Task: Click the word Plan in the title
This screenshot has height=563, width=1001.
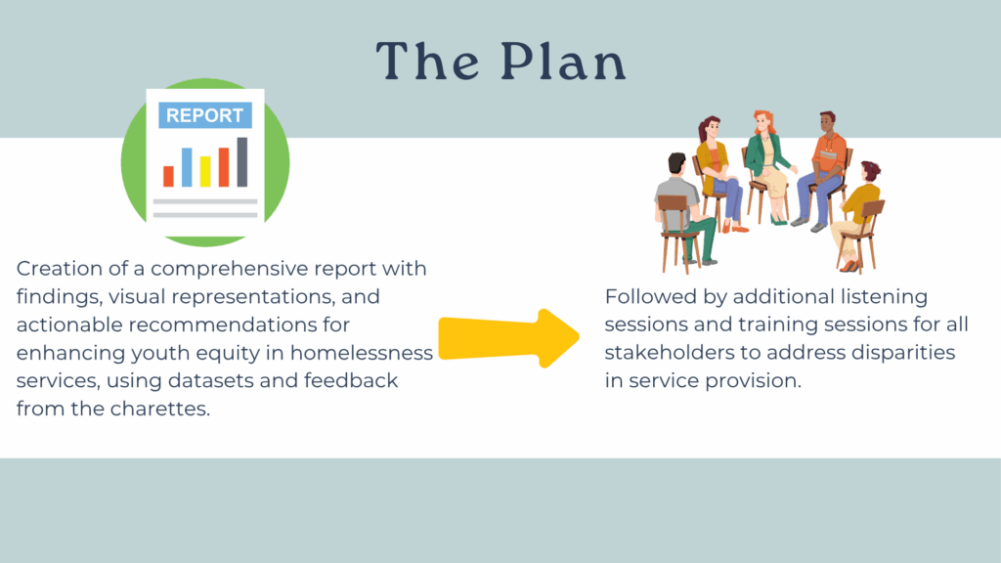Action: [563, 62]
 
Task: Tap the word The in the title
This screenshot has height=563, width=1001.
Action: [427, 62]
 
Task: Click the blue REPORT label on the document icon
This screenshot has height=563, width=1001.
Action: [205, 115]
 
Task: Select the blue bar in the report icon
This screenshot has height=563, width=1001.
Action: [187, 167]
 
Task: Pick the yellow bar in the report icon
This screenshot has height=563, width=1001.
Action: [205, 172]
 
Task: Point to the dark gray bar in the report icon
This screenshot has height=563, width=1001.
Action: [242, 162]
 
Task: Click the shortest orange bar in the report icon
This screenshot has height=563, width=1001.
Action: [168, 176]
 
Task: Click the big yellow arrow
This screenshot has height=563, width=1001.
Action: [508, 338]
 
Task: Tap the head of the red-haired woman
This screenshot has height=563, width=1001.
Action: [763, 122]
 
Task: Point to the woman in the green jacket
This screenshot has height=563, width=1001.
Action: [769, 167]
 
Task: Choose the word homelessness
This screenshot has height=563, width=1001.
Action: [362, 352]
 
